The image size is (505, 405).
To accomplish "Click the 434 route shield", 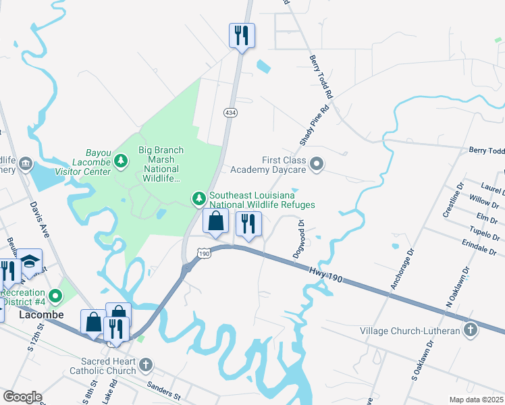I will pyautogui.click(x=231, y=112).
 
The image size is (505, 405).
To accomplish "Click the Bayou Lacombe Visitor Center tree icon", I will pyautogui.click(x=121, y=160).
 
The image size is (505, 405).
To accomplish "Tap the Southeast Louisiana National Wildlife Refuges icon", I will pyautogui.click(x=198, y=198).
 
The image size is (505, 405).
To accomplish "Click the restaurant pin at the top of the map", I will pyautogui.click(x=242, y=34).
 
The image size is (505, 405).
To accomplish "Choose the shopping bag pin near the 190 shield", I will pyautogui.click(x=215, y=221).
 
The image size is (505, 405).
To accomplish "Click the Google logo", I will pyautogui.click(x=23, y=397).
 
